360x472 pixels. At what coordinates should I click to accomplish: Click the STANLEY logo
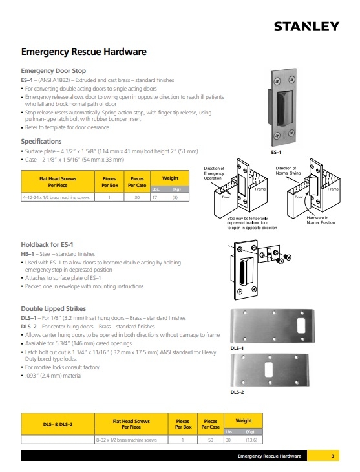[x=306, y=27]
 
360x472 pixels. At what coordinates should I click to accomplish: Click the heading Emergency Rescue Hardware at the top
[x=83, y=52]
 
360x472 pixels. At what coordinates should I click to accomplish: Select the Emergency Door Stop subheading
[x=53, y=70]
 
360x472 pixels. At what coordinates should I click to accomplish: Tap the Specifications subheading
[x=41, y=141]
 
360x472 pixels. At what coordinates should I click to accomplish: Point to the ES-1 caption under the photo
[x=276, y=152]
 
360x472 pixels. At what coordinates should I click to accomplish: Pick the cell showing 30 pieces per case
[x=137, y=197]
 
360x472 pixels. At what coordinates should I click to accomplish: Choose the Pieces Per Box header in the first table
[x=110, y=182]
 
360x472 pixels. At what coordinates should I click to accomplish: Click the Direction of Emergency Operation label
[x=214, y=173]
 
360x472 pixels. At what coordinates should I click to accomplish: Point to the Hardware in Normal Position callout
[x=321, y=220]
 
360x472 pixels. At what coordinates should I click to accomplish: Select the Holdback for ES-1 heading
[x=47, y=245]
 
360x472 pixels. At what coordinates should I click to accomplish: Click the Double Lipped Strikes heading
[x=53, y=308]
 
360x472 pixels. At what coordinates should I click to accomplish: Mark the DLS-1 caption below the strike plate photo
[x=237, y=348]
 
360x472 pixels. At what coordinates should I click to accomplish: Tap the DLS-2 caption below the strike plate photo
[x=237, y=392]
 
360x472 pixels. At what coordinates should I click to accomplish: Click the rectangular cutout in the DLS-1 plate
[x=301, y=325]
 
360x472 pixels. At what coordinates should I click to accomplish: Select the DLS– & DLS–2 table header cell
[x=58, y=424]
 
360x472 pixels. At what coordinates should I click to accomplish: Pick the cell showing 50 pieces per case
[x=211, y=440]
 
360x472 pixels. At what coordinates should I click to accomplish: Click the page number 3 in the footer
[x=333, y=456]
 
